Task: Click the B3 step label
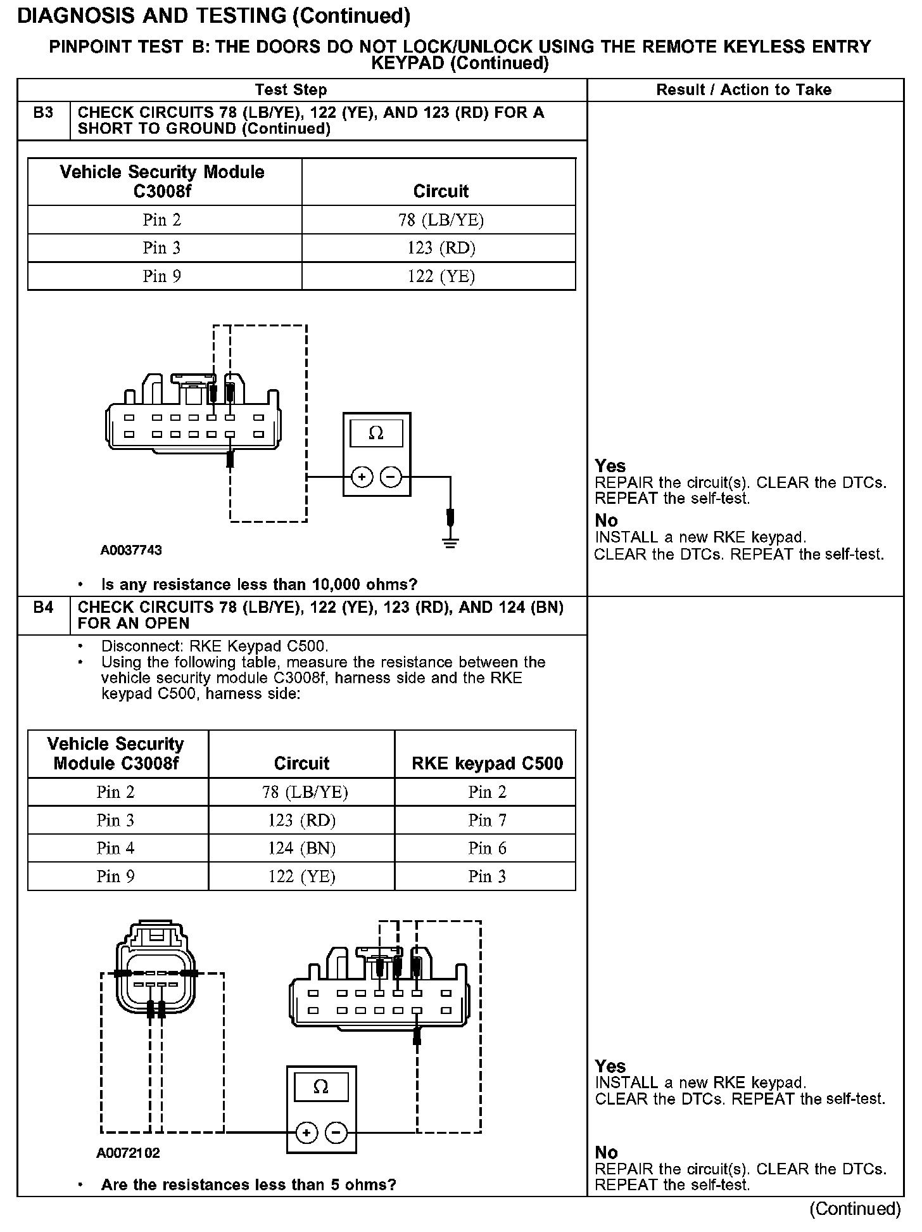43,113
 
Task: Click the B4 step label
43,608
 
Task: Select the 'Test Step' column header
291,90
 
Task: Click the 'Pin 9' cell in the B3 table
161,276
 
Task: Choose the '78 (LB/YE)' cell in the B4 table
301,792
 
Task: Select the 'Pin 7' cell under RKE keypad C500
487,821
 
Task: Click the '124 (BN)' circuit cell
301,849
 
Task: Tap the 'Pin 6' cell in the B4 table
487,849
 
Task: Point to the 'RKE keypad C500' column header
487,764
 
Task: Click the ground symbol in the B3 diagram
450,542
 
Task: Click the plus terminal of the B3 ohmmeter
362,477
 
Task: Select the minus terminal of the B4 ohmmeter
337,1133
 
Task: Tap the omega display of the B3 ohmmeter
376,433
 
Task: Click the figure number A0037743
131,550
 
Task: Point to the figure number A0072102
128,1153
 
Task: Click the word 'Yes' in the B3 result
610,466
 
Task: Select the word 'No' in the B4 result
606,1153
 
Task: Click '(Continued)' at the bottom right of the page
855,1209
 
